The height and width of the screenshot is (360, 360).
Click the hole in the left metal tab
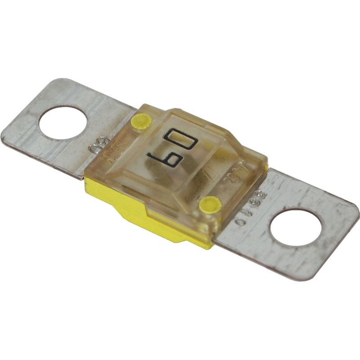[x=63, y=119]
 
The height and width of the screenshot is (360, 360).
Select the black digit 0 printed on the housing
[x=182, y=137]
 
